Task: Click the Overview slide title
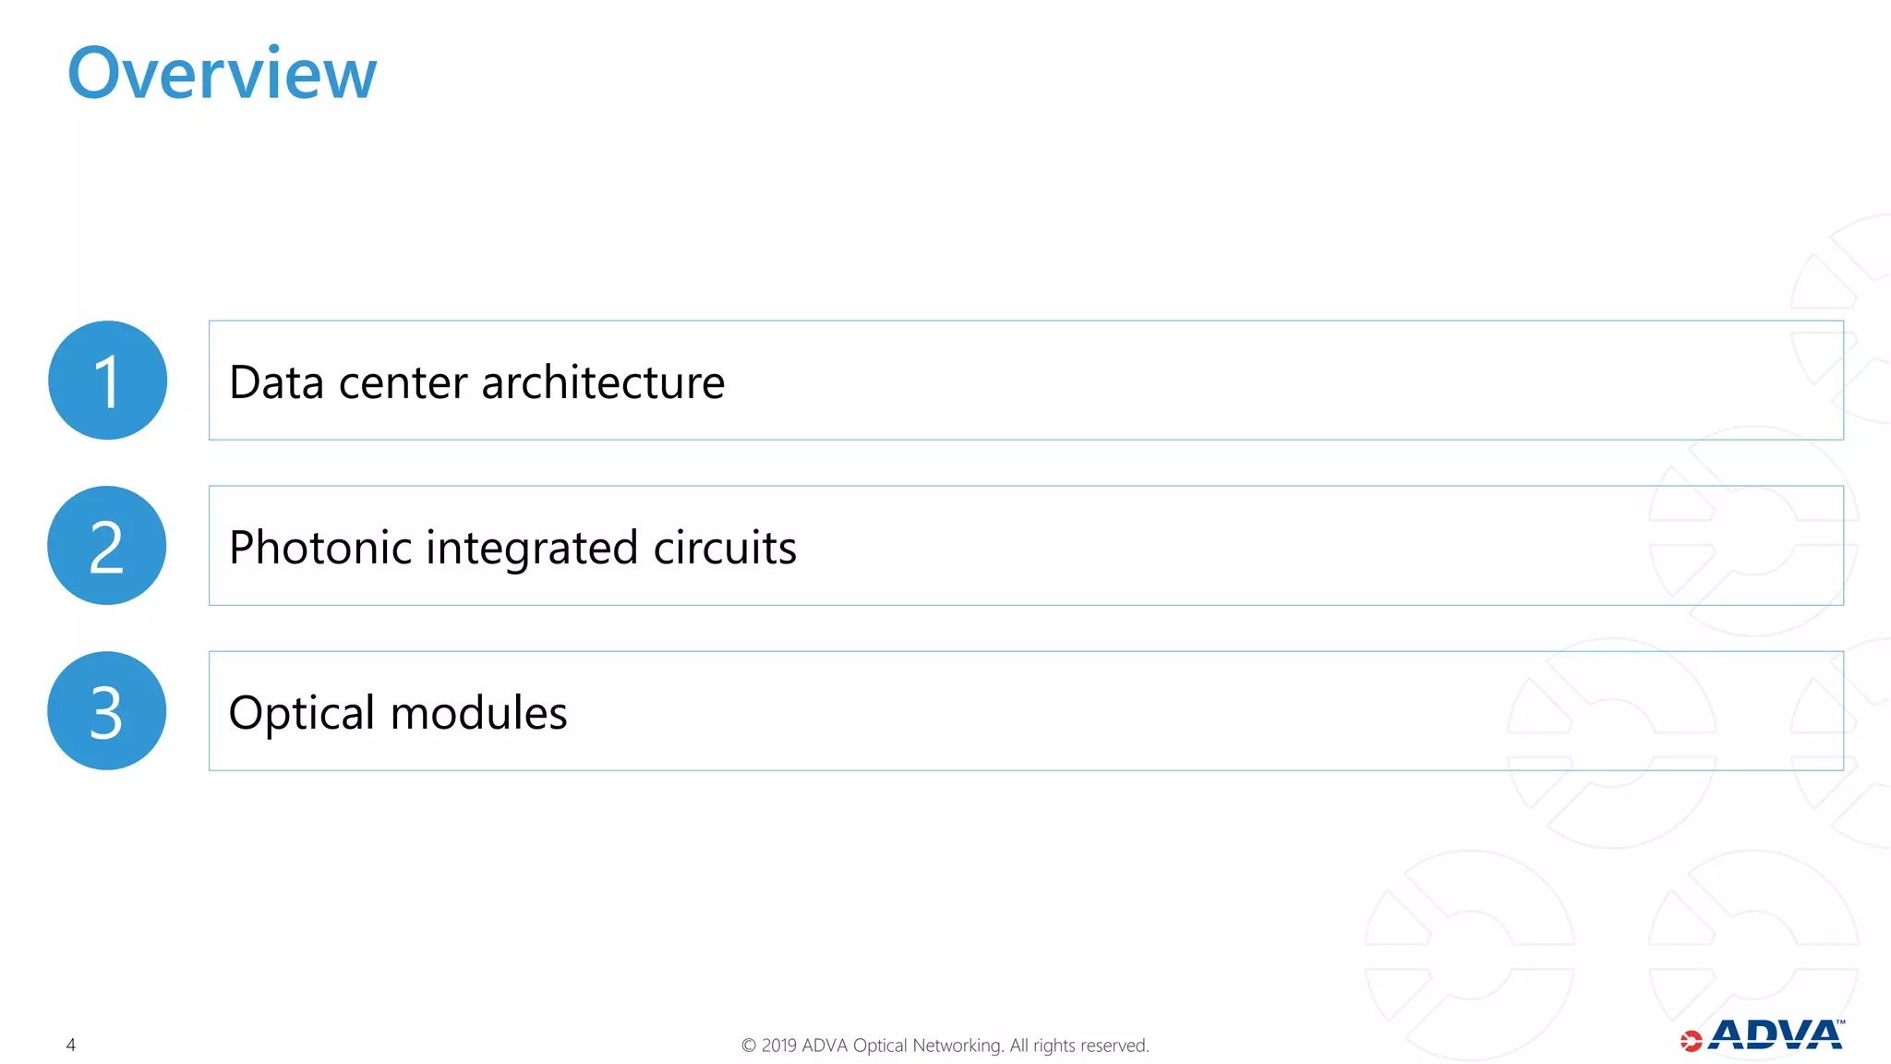[222, 74]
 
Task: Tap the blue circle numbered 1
[107, 381]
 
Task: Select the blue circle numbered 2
[107, 546]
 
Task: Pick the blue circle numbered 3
[107, 711]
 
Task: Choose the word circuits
[725, 548]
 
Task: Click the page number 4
[71, 1045]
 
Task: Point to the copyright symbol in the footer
[749, 1046]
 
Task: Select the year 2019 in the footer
[779, 1046]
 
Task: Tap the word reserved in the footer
[1114, 1046]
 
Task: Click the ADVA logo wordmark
[1775, 1035]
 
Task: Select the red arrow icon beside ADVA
[1691, 1041]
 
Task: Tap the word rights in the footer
[1054, 1046]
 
